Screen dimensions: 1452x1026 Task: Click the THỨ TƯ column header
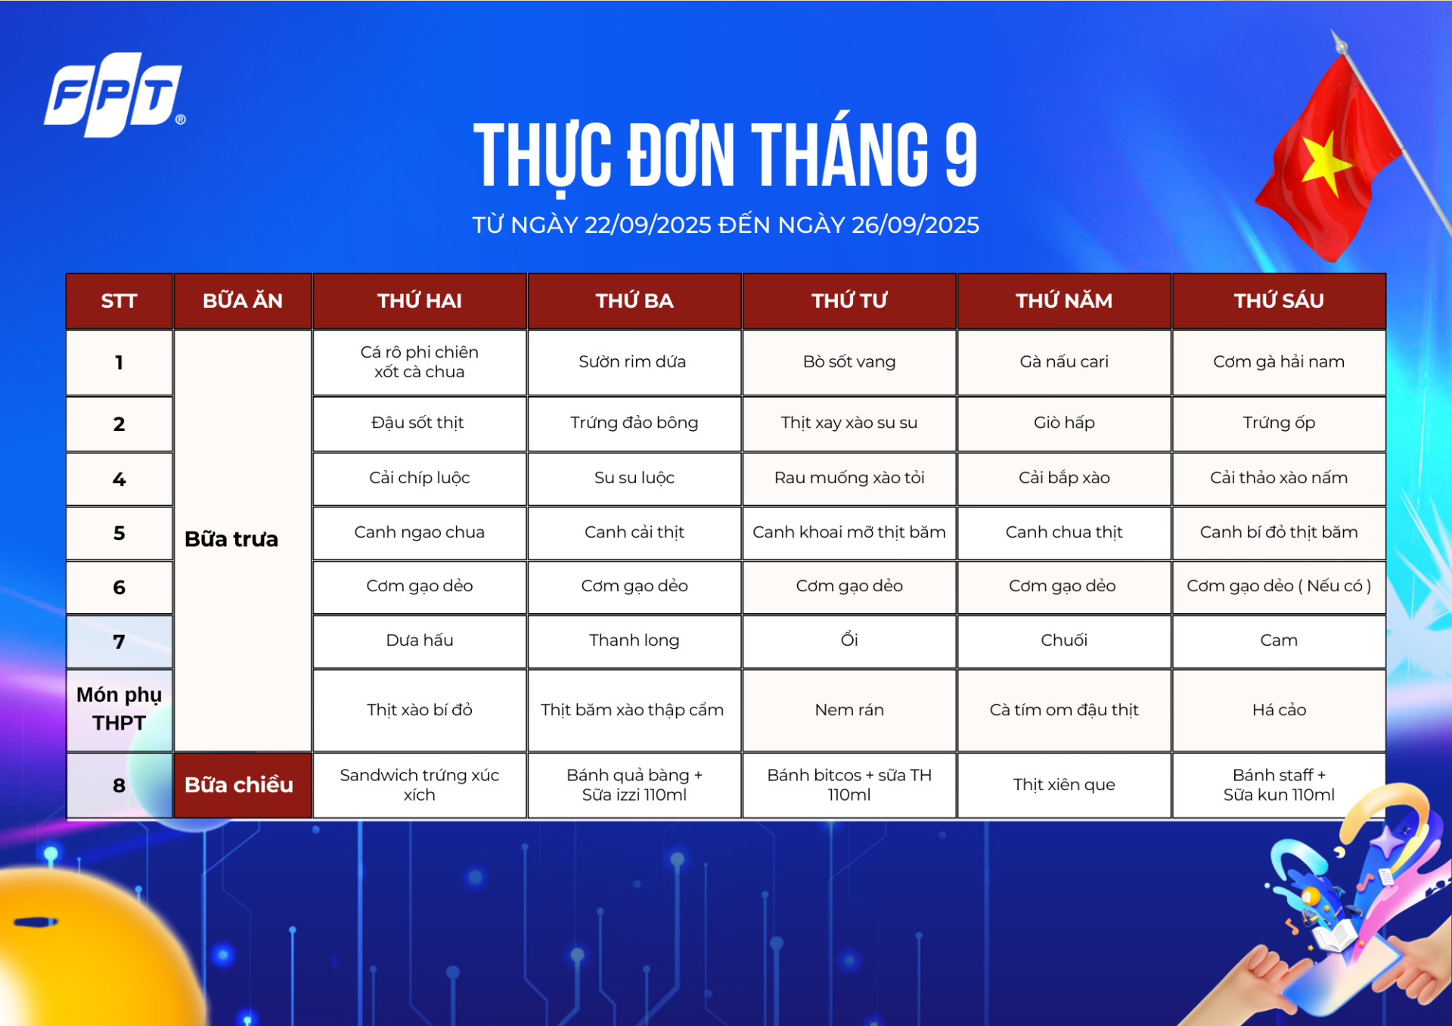coord(849,301)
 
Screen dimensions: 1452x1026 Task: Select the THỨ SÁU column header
coord(1279,301)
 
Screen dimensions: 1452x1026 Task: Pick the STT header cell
coord(119,301)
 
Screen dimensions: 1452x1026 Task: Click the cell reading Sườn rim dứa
coord(634,362)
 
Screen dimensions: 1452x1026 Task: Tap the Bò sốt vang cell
coord(849,362)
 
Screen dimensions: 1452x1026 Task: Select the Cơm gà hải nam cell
coord(1279,362)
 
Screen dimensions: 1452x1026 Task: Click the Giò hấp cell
coord(1064,423)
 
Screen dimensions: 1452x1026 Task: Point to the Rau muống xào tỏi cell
coord(849,478)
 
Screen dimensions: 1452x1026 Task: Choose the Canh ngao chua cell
coord(420,532)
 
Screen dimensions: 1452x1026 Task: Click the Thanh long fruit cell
coord(634,640)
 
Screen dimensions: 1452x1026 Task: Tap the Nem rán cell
coord(849,710)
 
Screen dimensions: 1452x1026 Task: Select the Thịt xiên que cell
coord(1064,785)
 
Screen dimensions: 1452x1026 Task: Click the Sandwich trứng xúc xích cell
coord(420,785)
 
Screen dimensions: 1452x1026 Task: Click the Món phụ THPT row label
coord(119,709)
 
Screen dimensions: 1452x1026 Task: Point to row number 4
coord(119,479)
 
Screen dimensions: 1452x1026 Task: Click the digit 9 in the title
coord(960,155)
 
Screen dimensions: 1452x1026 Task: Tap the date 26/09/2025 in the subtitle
coord(915,225)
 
